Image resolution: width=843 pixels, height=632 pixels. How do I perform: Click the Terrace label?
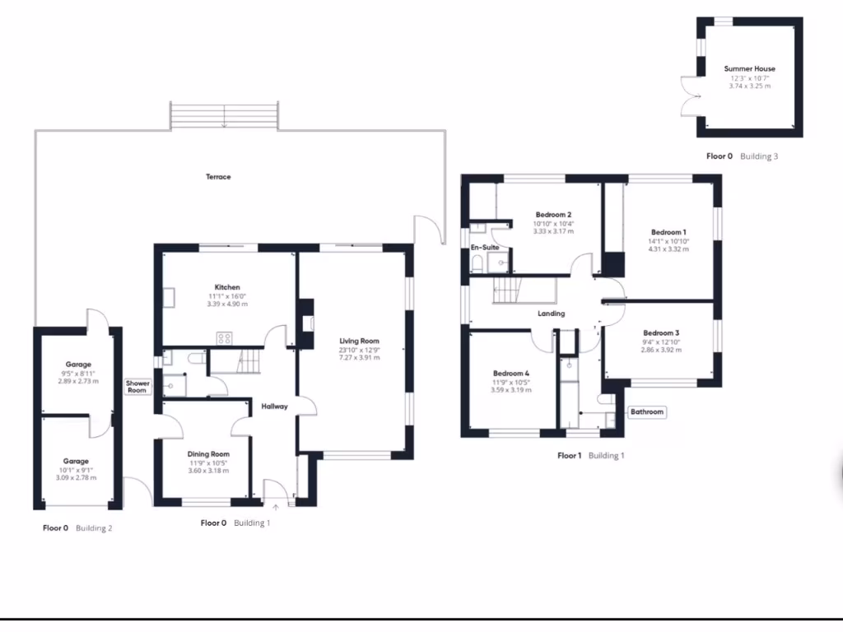218,177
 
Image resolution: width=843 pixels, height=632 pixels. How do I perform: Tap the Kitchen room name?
227,287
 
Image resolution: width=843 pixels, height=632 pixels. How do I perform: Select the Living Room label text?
359,341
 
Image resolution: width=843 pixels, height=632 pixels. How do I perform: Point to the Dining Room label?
208,454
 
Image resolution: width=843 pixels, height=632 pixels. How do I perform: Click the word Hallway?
274,407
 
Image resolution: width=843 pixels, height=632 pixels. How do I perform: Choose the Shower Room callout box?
137,387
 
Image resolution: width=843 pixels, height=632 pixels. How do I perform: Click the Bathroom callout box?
647,411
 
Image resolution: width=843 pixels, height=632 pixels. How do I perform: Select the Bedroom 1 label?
668,232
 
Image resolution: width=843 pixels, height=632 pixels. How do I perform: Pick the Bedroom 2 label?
553,215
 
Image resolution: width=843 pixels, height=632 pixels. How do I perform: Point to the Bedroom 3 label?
661,333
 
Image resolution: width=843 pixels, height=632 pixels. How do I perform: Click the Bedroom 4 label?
510,374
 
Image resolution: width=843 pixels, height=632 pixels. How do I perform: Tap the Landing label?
551,314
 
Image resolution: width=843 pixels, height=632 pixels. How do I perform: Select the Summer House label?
749,69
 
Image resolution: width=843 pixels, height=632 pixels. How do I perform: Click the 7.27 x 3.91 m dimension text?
359,358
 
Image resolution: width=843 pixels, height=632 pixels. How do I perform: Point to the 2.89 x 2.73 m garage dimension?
78,382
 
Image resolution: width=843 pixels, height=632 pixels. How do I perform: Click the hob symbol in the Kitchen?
223,337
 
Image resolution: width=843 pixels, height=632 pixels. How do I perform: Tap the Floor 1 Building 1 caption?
590,455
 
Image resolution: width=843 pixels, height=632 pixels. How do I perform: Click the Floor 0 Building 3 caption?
741,156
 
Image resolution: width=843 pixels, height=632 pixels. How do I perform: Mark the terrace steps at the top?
225,115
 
